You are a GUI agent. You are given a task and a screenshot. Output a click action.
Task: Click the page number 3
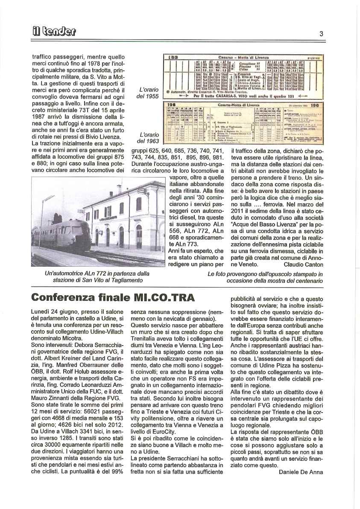(x=321, y=34)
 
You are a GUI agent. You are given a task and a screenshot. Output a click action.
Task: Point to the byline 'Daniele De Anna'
(x=301, y=471)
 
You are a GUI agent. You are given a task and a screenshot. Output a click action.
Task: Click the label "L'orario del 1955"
(x=149, y=93)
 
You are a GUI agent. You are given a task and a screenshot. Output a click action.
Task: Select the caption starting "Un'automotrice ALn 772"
(x=97, y=276)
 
